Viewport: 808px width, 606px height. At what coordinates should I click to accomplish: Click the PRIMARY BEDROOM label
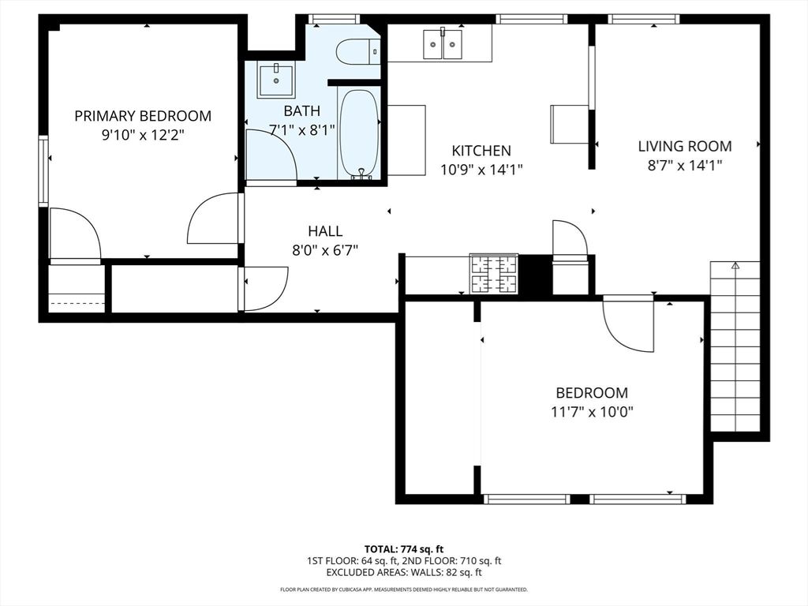[x=143, y=116]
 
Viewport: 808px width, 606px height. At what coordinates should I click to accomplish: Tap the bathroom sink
[x=276, y=80]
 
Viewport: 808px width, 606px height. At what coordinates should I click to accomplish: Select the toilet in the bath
[x=357, y=52]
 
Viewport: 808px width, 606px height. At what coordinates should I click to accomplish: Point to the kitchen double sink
[x=442, y=45]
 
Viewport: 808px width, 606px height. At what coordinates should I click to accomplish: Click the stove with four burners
[x=494, y=274]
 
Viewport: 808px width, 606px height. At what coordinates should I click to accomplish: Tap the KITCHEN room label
[x=481, y=151]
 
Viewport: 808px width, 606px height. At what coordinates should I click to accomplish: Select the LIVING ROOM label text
[x=684, y=146]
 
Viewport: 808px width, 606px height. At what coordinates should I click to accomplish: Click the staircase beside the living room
[x=735, y=347]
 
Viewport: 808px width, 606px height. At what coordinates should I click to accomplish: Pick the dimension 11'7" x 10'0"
[x=592, y=411]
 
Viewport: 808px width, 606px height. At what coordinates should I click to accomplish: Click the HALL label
[x=325, y=231]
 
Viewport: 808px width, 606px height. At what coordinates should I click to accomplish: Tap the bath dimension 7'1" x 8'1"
[x=302, y=130]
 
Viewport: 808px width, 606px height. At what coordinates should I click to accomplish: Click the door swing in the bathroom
[x=270, y=155]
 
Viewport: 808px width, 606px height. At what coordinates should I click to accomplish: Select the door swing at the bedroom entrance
[x=629, y=324]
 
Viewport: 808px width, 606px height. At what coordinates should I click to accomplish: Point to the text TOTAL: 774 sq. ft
[x=404, y=549]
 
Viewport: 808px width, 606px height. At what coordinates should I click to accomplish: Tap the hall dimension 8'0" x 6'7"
[x=325, y=250]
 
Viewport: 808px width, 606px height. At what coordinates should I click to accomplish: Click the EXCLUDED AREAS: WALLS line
[x=404, y=572]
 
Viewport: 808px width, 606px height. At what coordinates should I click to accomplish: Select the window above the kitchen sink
[x=531, y=19]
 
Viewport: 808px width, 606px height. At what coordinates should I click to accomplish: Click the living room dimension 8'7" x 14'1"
[x=684, y=165]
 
